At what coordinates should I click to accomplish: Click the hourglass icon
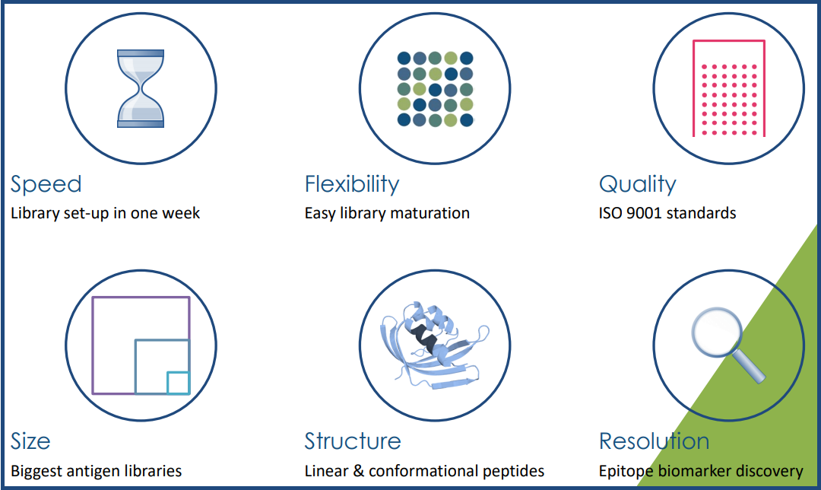[x=141, y=88]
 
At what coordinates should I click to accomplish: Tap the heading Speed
[x=46, y=184]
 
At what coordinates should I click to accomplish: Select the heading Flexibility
[x=352, y=184]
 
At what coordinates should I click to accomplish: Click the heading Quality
[x=638, y=184]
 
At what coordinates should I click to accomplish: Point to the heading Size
[x=30, y=441]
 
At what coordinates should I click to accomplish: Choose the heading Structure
[x=353, y=441]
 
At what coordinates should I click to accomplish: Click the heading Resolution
[x=654, y=441]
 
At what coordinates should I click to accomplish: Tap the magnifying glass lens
[x=717, y=332]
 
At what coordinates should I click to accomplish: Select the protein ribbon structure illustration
[x=435, y=345]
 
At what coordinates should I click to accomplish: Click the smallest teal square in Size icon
[x=178, y=383]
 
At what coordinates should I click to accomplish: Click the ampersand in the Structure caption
[x=359, y=471]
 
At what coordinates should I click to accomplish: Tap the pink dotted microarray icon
[x=729, y=88]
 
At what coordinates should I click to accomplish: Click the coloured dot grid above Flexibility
[x=435, y=89]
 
